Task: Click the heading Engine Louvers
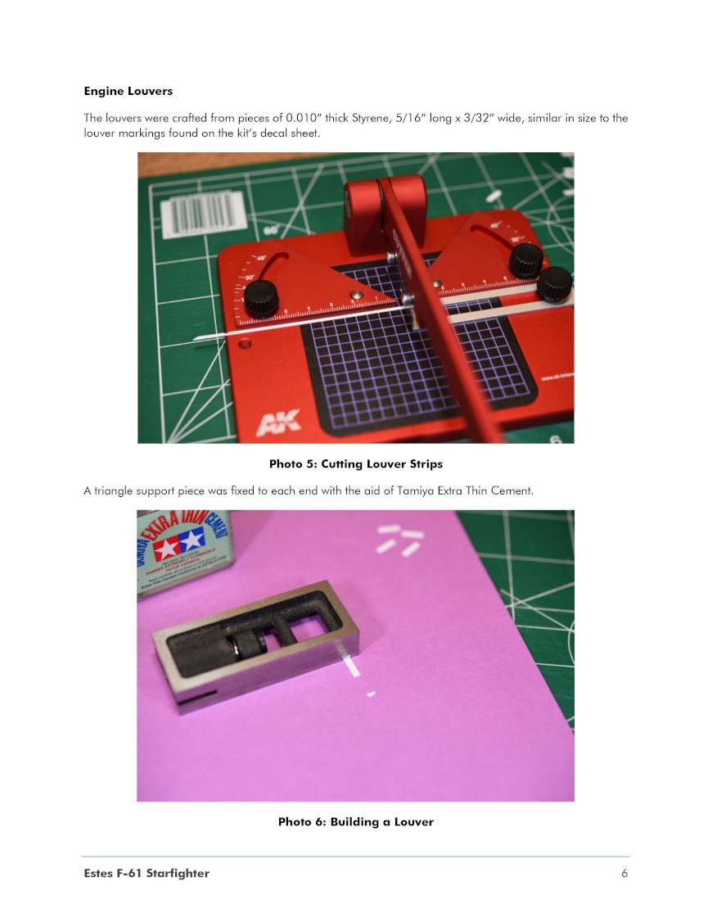pos(128,91)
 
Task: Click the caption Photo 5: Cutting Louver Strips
pos(356,464)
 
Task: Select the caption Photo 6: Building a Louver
pos(356,821)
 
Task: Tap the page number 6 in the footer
pos(624,873)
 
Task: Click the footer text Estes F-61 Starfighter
pos(146,873)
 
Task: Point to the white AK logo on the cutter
pos(278,423)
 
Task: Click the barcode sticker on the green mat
pos(202,215)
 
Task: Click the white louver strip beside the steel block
pos(350,665)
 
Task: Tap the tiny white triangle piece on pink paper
pos(371,694)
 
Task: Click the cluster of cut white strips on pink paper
pos(399,540)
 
